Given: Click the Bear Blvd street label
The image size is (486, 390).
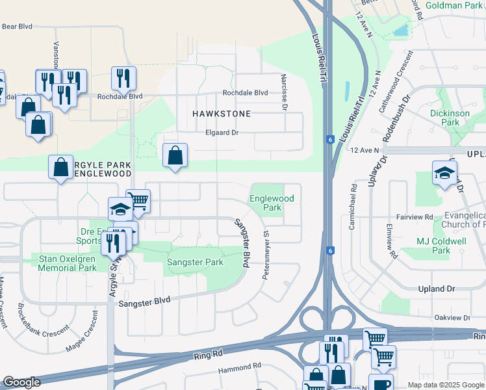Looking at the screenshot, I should (17, 27).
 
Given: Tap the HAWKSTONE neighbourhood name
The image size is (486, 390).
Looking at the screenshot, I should (222, 113).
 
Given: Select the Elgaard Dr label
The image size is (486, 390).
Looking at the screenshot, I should (223, 133).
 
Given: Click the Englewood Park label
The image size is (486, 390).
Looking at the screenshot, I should (272, 203).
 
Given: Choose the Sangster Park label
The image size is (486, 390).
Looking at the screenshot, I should (195, 263).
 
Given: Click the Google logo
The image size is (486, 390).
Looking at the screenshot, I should (21, 382).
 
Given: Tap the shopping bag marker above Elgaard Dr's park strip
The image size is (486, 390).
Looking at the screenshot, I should (175, 156).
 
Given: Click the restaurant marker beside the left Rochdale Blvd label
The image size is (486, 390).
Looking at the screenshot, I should (123, 79).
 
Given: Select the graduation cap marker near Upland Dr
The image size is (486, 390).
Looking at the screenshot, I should (444, 174).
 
